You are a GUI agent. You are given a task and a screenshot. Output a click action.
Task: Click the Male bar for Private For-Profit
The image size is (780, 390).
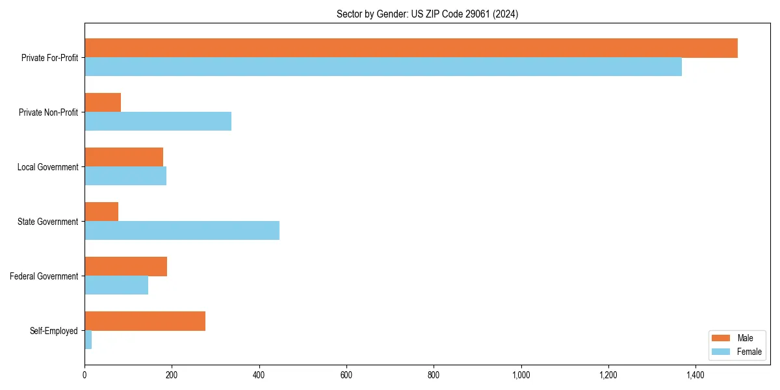(411, 48)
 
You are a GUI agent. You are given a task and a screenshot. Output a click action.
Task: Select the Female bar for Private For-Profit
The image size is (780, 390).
(383, 67)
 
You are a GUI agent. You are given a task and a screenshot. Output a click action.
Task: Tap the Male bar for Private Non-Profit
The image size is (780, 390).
(103, 103)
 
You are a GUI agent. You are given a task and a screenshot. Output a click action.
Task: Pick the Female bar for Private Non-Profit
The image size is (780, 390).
(158, 122)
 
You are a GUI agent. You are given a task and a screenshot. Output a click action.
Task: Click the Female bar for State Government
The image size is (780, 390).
(182, 231)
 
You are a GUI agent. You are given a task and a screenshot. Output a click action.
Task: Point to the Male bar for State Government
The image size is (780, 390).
(101, 212)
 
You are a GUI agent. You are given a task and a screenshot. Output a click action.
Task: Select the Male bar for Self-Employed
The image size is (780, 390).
(145, 321)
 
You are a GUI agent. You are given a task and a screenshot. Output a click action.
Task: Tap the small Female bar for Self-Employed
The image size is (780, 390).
(88, 340)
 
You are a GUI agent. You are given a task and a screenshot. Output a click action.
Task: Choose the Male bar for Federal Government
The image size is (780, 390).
(125, 266)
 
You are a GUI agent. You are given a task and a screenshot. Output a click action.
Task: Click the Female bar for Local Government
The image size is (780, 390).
(125, 176)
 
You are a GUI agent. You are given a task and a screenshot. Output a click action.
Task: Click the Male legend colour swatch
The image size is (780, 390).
(721, 338)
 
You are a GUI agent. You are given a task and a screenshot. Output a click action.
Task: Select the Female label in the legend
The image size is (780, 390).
(749, 352)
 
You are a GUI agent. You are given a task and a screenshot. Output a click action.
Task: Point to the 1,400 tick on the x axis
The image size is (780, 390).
(695, 375)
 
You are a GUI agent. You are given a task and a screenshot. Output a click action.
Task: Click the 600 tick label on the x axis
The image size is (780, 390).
(346, 375)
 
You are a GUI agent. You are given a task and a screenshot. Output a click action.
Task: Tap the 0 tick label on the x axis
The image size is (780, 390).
(84, 375)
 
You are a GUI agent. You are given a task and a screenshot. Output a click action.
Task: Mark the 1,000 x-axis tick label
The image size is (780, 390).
(521, 375)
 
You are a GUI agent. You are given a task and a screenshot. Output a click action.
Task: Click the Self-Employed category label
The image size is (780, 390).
(54, 331)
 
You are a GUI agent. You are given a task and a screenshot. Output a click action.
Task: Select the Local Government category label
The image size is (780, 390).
(47, 167)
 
